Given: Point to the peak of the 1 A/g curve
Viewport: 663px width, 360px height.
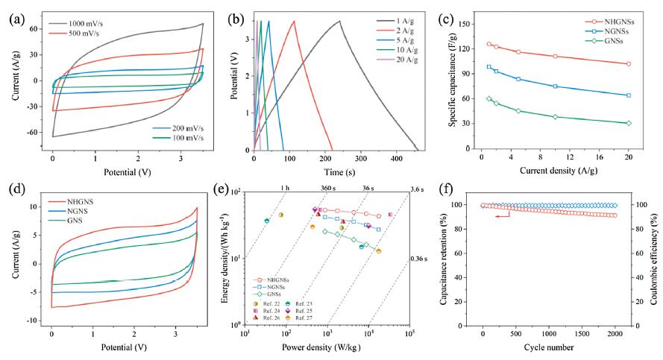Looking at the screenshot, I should (339, 21).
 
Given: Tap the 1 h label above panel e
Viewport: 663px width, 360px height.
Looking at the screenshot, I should (283, 189).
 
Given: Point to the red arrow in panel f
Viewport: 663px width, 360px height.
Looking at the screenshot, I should (508, 215).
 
